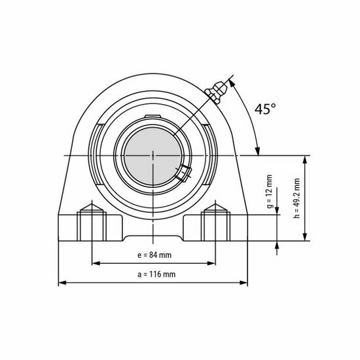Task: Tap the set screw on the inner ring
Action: (x=183, y=173)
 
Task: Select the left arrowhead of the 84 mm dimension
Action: (x=93, y=263)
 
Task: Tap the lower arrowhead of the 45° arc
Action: (x=259, y=150)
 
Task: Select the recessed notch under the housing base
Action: (x=153, y=236)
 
